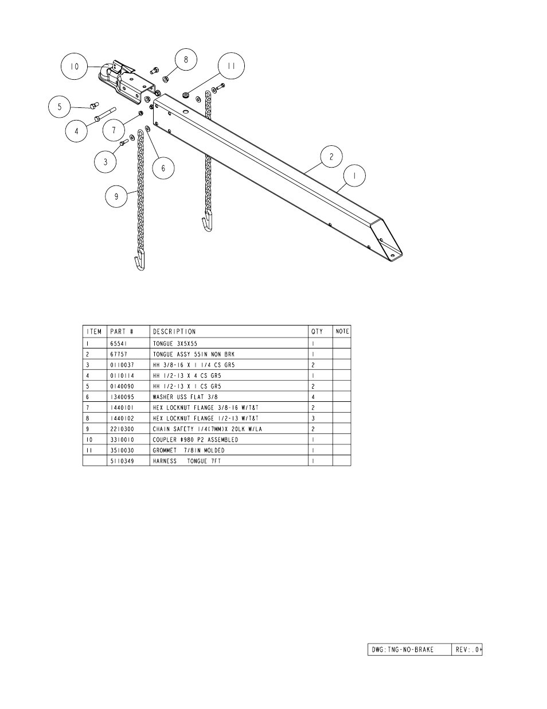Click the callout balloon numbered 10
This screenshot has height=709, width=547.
[75, 66]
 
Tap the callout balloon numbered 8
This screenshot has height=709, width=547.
[186, 59]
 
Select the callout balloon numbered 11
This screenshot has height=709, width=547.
[231, 65]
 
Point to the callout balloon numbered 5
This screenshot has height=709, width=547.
[59, 107]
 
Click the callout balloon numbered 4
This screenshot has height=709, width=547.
[76, 131]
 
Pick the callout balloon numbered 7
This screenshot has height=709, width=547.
[114, 130]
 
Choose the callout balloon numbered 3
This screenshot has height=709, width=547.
[106, 162]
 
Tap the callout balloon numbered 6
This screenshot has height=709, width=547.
[163, 168]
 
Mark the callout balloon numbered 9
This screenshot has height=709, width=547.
[116, 196]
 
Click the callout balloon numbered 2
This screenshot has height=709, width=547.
[331, 157]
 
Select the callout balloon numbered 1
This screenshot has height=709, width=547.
[354, 176]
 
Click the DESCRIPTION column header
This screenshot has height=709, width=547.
[174, 331]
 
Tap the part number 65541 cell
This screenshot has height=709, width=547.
[119, 343]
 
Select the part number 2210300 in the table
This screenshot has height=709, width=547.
[122, 429]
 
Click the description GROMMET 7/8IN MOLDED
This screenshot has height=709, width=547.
[189, 450]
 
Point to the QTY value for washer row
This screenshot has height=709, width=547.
[313, 397]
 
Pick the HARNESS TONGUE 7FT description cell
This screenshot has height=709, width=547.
[187, 461]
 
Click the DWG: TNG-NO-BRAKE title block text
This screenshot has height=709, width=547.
[403, 650]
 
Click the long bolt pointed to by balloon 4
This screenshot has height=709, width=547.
[105, 114]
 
